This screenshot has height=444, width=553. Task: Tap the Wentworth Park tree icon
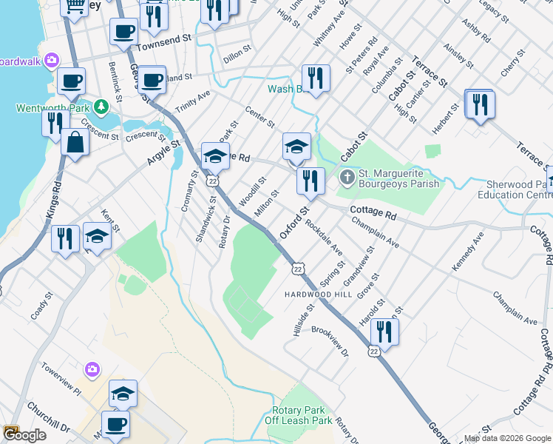(98, 108)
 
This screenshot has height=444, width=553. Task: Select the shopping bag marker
(75, 142)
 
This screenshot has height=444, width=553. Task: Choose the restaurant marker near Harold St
(384, 331)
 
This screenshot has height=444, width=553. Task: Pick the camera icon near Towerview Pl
(92, 369)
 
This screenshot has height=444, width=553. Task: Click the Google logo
(24, 435)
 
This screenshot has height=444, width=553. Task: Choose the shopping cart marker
(74, 6)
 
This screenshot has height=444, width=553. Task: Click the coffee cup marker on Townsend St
(123, 32)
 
